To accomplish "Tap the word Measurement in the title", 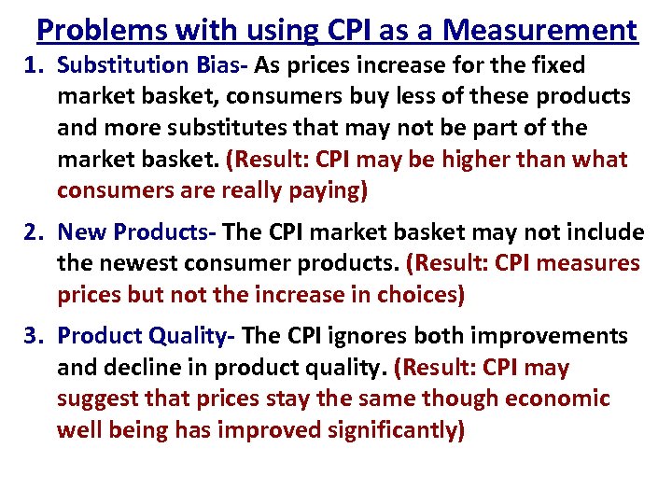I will tap(540, 31).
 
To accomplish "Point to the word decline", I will tap(137, 368).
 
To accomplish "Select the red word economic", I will tap(557, 399).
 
